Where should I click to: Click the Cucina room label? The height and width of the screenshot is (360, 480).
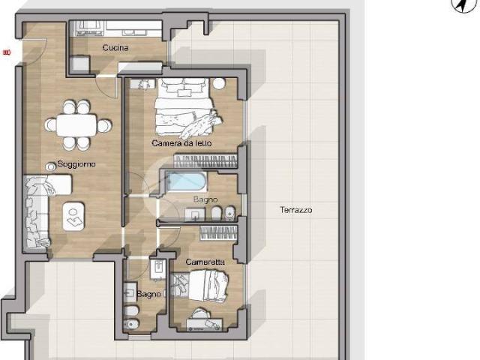115,48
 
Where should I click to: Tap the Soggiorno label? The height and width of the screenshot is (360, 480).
76,164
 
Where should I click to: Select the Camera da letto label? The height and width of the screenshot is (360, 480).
181,143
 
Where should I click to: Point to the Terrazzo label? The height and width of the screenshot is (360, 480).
296,210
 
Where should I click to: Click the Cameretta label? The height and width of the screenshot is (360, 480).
205,262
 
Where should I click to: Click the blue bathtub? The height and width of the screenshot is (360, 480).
186,181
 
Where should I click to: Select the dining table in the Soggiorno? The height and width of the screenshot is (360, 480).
76,125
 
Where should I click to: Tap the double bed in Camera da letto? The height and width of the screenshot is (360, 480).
184,107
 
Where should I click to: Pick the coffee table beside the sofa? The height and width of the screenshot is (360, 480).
73,217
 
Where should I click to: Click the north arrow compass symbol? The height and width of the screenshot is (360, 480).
463,5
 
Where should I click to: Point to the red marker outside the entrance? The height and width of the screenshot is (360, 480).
7,52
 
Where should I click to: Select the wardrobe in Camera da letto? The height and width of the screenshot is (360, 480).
205,161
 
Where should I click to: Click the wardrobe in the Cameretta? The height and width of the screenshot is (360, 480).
218,233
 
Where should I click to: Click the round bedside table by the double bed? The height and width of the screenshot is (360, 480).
219,83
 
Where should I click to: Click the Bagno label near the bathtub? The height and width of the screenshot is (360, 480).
205,199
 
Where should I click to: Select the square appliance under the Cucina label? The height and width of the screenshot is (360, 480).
79,64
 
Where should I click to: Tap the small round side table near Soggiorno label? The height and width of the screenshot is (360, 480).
50,166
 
